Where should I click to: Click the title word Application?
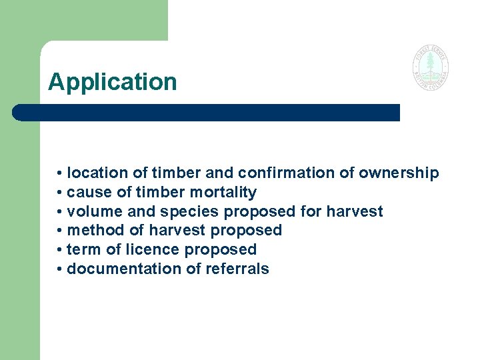pos(113,82)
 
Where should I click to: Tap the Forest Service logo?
pos(430,68)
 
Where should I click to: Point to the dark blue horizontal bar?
pos(207,112)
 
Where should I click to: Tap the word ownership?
pos(399,173)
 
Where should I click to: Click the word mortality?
pos(223,193)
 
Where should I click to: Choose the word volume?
pos(92,212)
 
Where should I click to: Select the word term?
pos(82,250)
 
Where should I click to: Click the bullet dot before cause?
pos(60,193)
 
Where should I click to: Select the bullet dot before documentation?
pos(60,270)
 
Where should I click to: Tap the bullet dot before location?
pos(60,174)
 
